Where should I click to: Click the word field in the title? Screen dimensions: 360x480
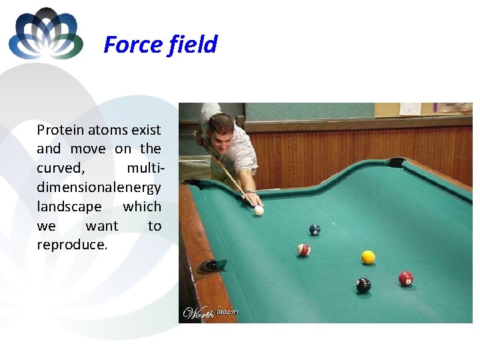193,45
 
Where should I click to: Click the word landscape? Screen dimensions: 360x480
69,207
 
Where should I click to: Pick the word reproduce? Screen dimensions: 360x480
72,245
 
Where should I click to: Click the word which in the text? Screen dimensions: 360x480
142,207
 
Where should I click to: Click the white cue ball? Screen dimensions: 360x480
259,211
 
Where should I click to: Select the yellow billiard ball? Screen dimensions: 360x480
368,257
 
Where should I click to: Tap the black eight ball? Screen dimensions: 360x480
363,285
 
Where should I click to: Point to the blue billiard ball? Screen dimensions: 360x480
315,229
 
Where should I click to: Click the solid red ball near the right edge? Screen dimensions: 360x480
406,278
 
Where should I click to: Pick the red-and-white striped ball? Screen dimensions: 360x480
304,250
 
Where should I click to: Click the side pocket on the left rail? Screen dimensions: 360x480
213,265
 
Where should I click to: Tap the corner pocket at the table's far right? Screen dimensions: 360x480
397,162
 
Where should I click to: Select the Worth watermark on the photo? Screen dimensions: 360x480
198,313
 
